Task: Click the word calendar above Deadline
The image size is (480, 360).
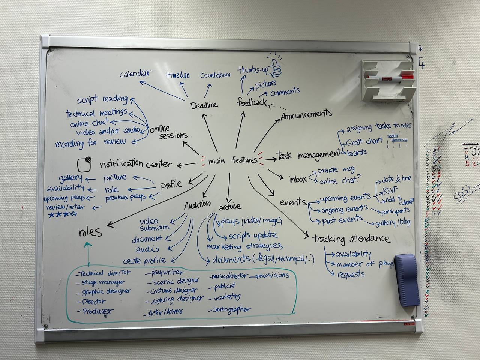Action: click(x=135, y=74)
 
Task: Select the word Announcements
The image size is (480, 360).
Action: click(x=306, y=114)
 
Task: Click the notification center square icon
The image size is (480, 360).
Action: click(x=84, y=164)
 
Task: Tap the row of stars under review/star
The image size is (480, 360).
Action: click(x=63, y=215)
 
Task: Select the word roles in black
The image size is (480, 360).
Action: click(x=90, y=232)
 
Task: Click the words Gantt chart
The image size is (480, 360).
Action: click(x=364, y=142)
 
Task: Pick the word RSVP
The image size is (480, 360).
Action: click(x=390, y=189)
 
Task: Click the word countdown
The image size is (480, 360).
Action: click(x=215, y=75)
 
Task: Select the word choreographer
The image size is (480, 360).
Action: click(x=231, y=310)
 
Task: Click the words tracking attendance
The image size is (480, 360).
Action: click(x=351, y=238)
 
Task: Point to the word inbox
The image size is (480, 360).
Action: click(x=298, y=179)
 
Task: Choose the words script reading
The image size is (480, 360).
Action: click(x=102, y=99)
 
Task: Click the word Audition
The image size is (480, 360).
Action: click(x=197, y=205)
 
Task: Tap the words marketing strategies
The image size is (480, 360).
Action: click(x=244, y=246)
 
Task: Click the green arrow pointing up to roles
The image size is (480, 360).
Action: click(x=88, y=252)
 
